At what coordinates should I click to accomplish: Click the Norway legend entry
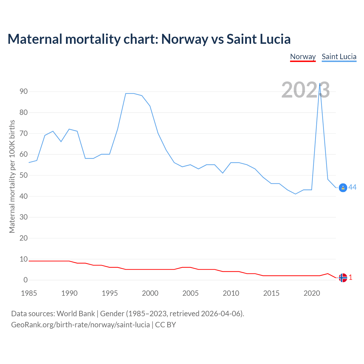303,57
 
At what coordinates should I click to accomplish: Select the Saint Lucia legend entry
339,57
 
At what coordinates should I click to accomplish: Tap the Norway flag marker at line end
343,278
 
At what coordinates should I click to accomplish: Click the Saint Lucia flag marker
343,188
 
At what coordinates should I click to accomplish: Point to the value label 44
352,187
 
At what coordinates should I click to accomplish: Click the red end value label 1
351,277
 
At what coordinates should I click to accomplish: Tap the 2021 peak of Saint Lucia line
320,84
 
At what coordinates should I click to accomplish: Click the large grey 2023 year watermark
305,90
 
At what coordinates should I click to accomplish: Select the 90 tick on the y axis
24,92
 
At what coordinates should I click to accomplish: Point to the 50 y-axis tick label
24,175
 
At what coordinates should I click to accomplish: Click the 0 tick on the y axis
26,280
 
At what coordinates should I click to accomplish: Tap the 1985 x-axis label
29,293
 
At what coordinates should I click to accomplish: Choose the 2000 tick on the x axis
150,293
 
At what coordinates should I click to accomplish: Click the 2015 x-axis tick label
271,293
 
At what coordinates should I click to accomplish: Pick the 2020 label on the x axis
312,293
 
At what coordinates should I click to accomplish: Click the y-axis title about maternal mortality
12,176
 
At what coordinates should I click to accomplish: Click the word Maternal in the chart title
35,39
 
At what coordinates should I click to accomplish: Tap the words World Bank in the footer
76,314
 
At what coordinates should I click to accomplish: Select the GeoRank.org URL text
80,325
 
